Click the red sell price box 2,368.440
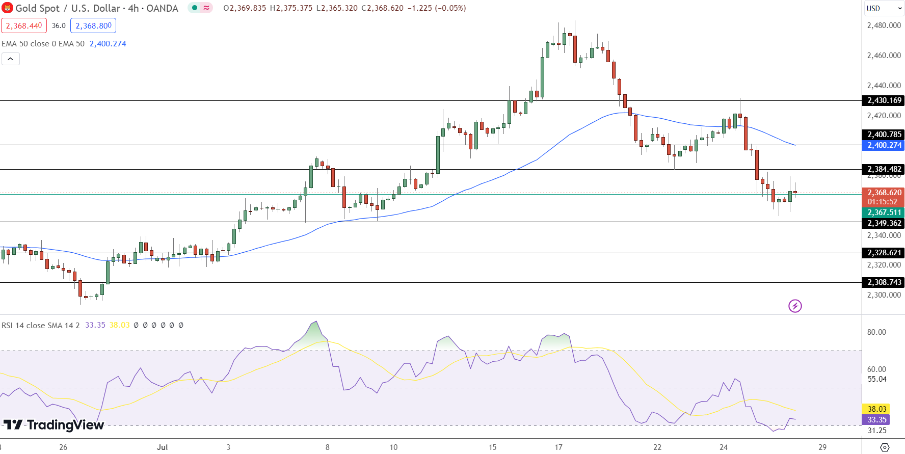tap(24, 25)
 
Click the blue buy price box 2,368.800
tap(93, 25)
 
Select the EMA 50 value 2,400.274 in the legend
tap(108, 44)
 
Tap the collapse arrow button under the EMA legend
tap(11, 59)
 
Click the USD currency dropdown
tap(884, 8)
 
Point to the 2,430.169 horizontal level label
tap(884, 100)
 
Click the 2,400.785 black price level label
tap(884, 135)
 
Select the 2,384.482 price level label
tap(884, 169)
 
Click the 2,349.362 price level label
tap(884, 223)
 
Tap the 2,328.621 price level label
tap(884, 253)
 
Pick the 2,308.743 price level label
tap(884, 282)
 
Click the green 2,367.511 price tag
tap(884, 212)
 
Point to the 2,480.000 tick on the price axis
tap(884, 25)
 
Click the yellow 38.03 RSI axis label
tap(877, 409)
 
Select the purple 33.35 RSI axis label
tap(877, 420)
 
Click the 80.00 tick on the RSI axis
tap(876, 332)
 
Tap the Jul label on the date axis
tap(162, 447)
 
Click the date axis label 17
tap(558, 447)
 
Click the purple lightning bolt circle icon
tap(795, 306)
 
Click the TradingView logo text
tap(54, 425)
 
